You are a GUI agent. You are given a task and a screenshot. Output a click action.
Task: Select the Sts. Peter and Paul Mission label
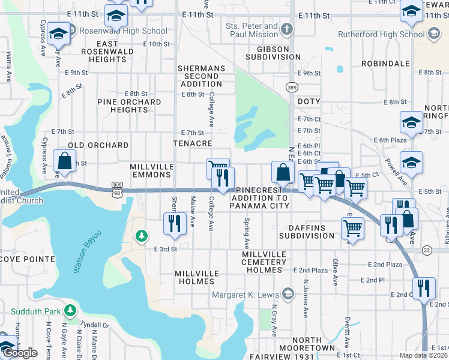[252, 30]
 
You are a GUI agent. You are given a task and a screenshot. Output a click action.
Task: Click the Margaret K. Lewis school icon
[288, 294]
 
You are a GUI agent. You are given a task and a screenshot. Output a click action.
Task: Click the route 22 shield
[427, 249]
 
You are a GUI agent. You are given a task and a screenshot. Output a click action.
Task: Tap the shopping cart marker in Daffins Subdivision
[352, 227]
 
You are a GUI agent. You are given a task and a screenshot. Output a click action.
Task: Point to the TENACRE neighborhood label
[192, 144]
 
